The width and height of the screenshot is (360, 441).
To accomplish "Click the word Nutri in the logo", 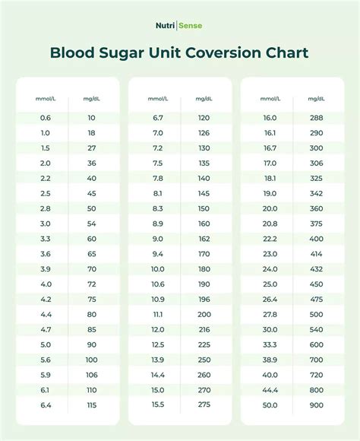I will pyautogui.click(x=164, y=26).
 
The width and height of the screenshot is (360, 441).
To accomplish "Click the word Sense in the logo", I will pyautogui.click(x=191, y=26).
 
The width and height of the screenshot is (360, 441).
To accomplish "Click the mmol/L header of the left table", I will pyautogui.click(x=46, y=99).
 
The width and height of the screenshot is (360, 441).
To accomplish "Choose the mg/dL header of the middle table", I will pyautogui.click(x=204, y=99).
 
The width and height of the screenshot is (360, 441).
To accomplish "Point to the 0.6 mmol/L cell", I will pyautogui.click(x=46, y=118).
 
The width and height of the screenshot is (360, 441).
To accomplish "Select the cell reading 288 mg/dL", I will pyautogui.click(x=316, y=118).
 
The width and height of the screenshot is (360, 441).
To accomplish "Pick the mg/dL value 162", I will pyautogui.click(x=204, y=238).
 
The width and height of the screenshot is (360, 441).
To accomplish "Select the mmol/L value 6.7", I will pyautogui.click(x=158, y=118).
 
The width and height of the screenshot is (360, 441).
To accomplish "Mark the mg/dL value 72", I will pyautogui.click(x=92, y=283).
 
